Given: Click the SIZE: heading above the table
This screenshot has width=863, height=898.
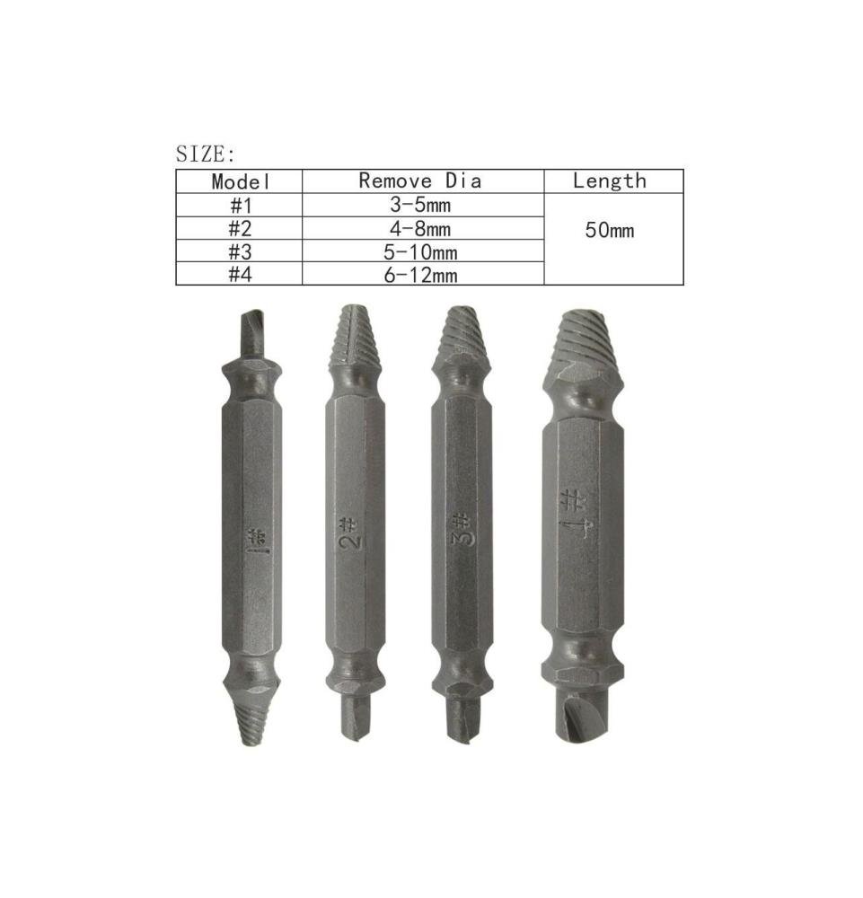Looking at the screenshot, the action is pos(205,154).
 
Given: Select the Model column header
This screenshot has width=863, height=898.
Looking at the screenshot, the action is pos(241,181).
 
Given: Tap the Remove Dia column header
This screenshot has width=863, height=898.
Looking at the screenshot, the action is pos(419,181).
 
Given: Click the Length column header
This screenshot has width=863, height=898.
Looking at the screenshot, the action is pos(610,181).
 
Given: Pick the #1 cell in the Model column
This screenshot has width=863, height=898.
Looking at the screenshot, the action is pos(241,205).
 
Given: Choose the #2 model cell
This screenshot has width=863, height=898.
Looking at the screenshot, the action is pos(241,228).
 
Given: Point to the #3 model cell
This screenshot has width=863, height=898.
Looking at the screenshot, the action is pos(241,251).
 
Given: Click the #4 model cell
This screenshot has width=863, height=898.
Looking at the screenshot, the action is pos(241,274).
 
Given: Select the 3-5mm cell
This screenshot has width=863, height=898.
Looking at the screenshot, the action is pos(420,205).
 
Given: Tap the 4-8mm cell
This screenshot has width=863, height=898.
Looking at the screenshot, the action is pos(420,229).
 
